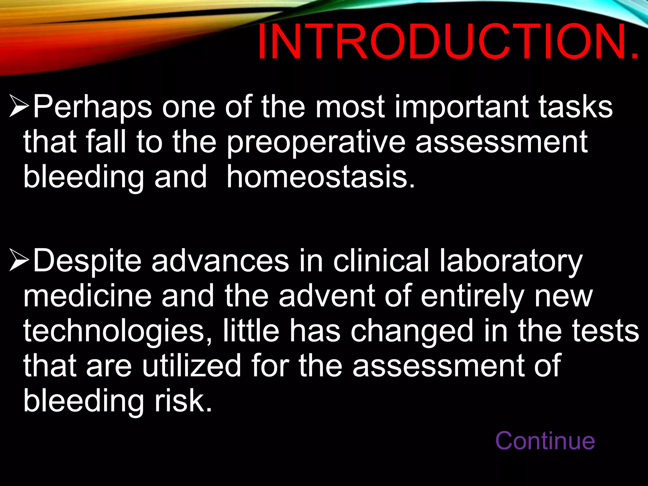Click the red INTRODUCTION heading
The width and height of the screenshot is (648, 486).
448,42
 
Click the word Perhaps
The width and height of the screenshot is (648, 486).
92,108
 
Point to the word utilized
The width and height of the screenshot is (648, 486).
191,366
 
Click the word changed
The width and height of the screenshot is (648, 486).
412,331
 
